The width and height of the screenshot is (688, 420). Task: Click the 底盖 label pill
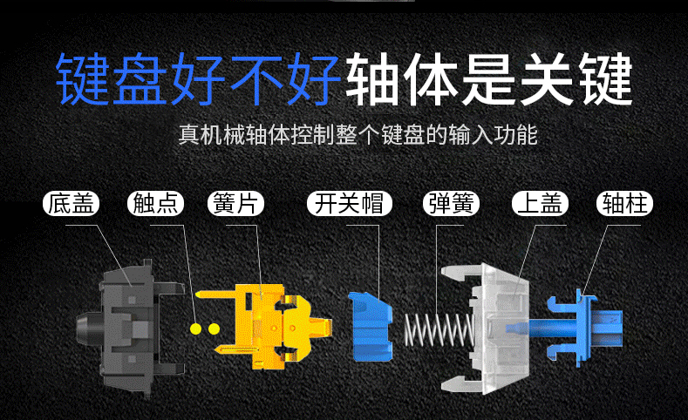click(72, 204)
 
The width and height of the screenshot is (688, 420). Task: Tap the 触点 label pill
click(155, 204)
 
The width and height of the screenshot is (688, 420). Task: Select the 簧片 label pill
click(235, 204)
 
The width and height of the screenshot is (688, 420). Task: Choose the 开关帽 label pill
click(350, 204)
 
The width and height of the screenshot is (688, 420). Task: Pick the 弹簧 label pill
click(451, 204)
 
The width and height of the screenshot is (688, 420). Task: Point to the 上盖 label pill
click(540, 204)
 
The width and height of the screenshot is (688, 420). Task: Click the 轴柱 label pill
click(625, 204)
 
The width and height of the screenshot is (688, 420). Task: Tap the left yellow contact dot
click(195, 329)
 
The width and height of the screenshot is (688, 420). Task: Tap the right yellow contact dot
click(214, 329)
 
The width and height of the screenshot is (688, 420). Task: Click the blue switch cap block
click(371, 327)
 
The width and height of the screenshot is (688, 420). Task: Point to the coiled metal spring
click(439, 329)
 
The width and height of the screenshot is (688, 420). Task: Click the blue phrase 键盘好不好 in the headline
click(198, 79)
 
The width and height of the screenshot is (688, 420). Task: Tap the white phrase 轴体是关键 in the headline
click(489, 79)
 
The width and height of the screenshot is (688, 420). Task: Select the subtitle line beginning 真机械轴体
click(358, 134)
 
